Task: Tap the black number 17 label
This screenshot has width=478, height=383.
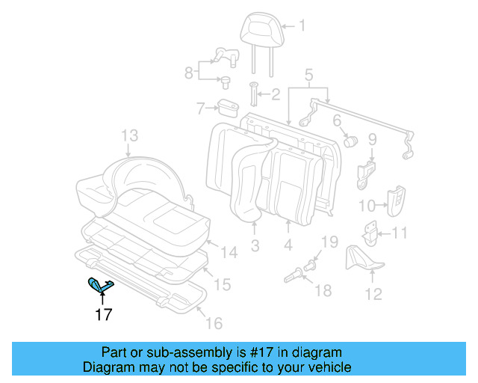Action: (103, 314)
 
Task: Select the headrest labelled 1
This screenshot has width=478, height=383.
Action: (258, 32)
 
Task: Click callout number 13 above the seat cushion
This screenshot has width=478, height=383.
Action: (130, 135)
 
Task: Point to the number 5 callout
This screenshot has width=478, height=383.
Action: (308, 74)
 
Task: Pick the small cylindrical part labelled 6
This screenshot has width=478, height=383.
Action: (350, 139)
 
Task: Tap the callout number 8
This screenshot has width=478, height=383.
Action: (189, 73)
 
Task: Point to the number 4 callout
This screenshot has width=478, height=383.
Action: (289, 245)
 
